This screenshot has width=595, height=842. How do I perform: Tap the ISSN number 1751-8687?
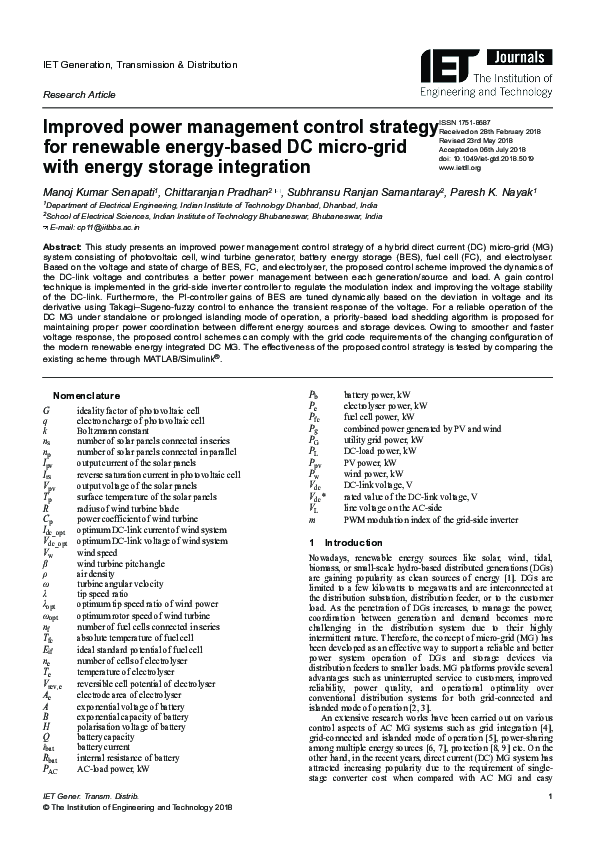coord(477,123)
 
